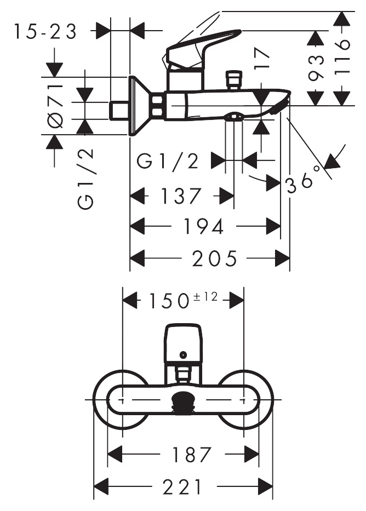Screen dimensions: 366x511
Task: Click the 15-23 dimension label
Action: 45,32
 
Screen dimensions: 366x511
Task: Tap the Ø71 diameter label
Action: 55,105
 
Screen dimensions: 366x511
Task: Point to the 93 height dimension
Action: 316,67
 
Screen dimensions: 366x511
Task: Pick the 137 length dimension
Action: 181,196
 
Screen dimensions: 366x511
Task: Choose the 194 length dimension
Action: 204,226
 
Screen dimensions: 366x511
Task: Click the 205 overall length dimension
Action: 214,259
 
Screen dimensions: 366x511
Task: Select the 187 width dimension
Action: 192,454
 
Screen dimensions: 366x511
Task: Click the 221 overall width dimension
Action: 182,486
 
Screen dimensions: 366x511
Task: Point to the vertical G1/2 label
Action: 85,179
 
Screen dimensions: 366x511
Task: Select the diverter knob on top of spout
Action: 233,80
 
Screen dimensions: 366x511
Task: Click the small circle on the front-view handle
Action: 183,354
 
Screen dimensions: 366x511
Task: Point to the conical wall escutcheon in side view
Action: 140,106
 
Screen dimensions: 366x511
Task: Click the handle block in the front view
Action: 184,343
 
